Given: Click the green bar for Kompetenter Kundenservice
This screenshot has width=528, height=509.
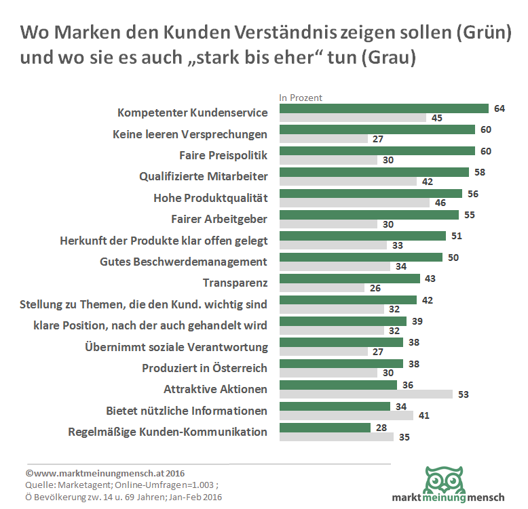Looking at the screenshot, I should tap(384, 108).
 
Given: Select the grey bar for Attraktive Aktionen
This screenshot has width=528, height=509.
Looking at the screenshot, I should tap(366, 394).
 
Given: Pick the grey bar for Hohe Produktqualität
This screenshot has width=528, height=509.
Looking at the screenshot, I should tap(354, 203).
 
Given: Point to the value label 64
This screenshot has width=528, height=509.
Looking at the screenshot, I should tap(499, 108).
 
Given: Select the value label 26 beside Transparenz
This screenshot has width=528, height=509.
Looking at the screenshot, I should tap(375, 287).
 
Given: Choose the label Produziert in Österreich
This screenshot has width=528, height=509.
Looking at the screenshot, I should tap(204, 368).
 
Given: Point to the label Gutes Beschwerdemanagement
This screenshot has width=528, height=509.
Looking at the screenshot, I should tap(183, 262).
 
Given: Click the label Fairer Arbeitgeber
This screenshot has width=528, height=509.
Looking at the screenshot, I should tap(219, 219).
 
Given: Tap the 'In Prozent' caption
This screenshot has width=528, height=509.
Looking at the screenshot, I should tap(301, 98).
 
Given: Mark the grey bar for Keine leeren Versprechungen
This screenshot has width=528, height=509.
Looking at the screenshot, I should tap(323, 139).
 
